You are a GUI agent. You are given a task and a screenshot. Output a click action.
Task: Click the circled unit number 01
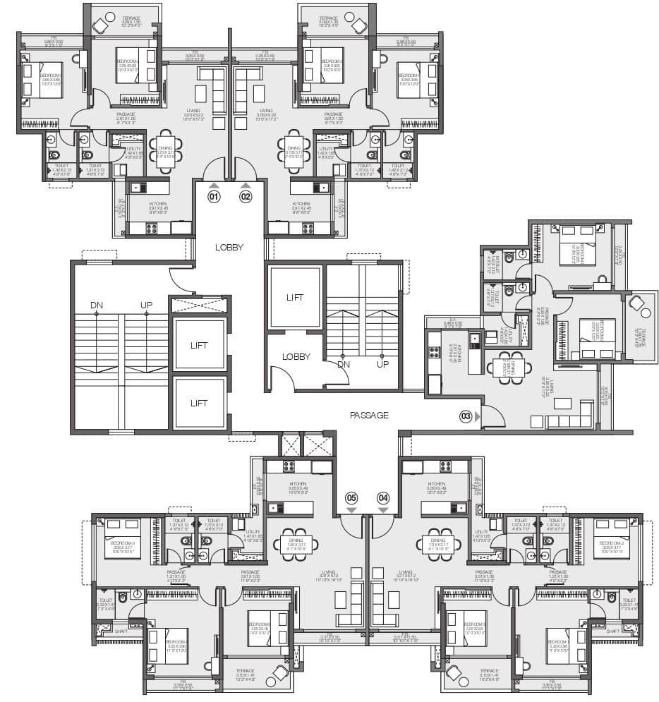[214, 198]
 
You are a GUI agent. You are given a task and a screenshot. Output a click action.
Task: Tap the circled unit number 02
[246, 198]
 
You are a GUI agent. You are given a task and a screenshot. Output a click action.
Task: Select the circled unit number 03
[466, 416]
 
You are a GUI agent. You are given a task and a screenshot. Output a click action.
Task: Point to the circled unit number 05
[351, 497]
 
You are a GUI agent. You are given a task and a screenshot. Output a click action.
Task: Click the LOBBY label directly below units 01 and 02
[229, 248]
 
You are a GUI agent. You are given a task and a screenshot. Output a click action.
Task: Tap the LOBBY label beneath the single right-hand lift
[296, 357]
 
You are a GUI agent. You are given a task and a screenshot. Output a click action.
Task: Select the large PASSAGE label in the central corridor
[369, 416]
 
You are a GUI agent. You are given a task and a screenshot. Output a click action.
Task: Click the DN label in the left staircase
[96, 305]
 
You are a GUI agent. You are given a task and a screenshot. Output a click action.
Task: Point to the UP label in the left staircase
[146, 305]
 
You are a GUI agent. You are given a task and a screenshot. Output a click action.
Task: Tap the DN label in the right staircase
[344, 365]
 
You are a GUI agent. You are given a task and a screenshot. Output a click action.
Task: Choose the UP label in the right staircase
[382, 365]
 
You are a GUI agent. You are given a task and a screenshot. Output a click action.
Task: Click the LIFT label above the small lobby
[296, 298]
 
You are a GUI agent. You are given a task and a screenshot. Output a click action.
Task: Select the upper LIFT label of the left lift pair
[198, 346]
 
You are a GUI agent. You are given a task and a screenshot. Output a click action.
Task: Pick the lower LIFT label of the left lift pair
[198, 404]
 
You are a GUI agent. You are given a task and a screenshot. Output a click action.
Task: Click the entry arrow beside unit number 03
[478, 416]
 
